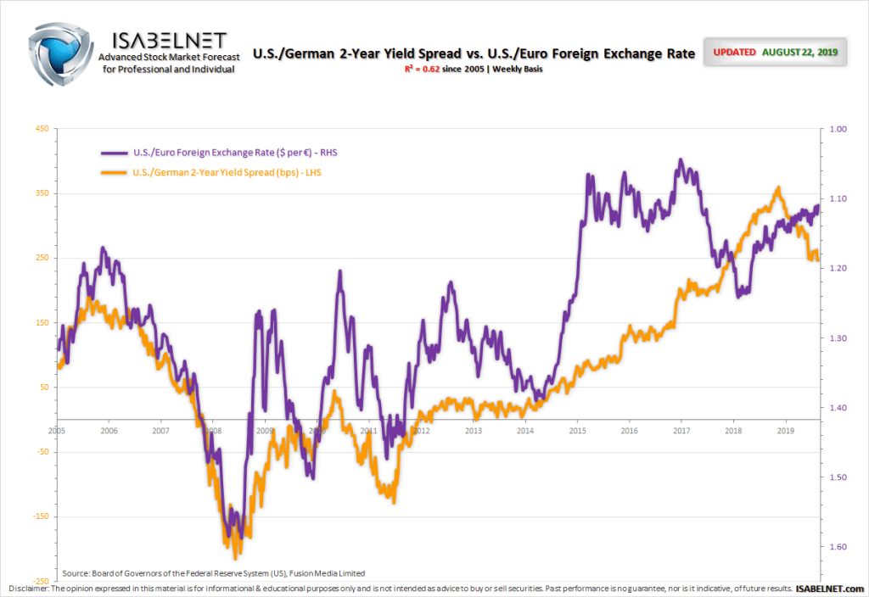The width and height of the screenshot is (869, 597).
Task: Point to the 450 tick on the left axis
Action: point(41,129)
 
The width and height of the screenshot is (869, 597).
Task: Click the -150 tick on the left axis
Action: point(38,516)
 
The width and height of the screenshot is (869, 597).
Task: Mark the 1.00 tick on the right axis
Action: point(837,129)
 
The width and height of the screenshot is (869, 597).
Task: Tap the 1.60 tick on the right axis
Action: point(837,547)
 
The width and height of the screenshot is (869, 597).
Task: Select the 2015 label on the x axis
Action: point(577,431)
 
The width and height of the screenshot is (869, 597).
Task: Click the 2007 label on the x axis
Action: point(160,431)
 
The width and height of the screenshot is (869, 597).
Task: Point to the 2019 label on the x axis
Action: point(785,431)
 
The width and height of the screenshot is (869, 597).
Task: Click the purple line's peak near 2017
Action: point(681,159)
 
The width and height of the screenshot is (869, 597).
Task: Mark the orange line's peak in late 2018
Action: point(777,188)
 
